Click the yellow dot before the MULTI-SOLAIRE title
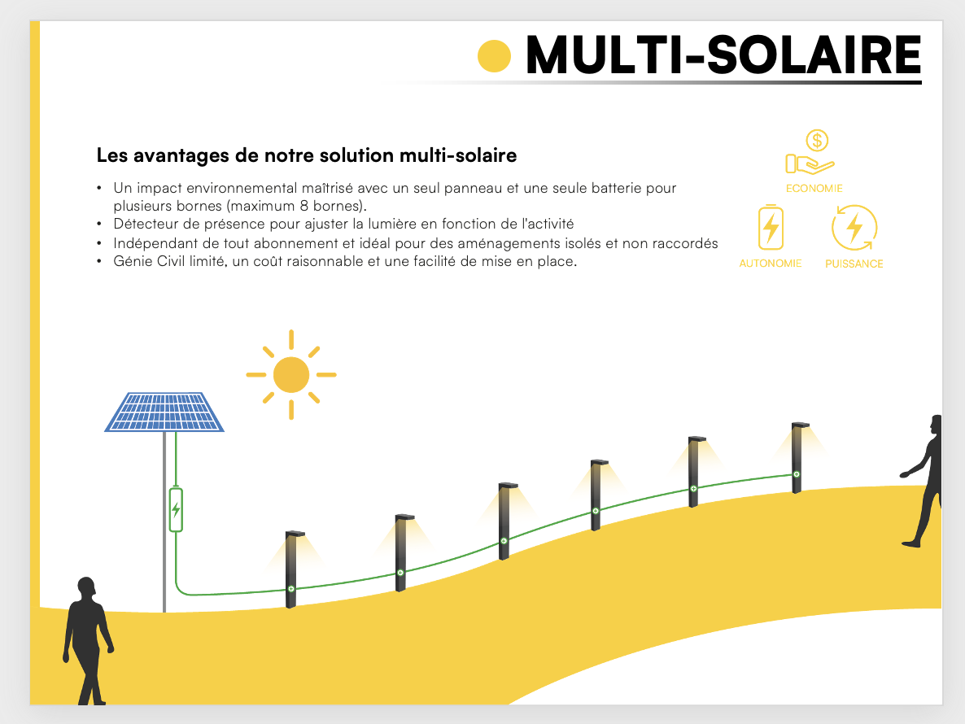click(x=494, y=55)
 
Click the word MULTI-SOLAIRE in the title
click(x=723, y=55)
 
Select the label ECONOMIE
click(x=814, y=188)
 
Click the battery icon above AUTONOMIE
click(x=771, y=228)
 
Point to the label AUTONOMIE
click(x=771, y=264)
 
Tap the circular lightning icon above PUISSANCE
click(x=854, y=228)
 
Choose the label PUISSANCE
click(x=854, y=264)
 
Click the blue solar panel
click(x=164, y=412)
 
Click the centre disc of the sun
click(x=291, y=375)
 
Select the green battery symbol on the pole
click(x=176, y=510)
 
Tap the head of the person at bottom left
click(x=86, y=588)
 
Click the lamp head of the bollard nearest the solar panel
click(x=295, y=534)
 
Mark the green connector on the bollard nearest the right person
click(x=796, y=474)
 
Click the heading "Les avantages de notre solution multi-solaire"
click(x=306, y=155)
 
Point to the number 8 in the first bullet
click(x=303, y=205)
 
